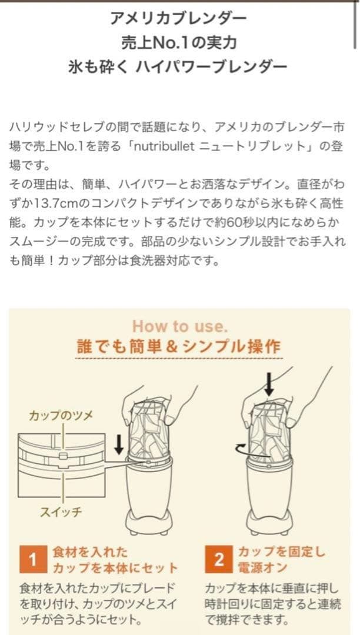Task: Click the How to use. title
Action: pyautogui.click(x=179, y=326)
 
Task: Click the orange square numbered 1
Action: pyautogui.click(x=34, y=559)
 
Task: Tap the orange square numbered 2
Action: pyautogui.click(x=219, y=559)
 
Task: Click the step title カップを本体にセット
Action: pyautogui.click(x=115, y=568)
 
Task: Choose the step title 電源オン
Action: pyautogui.click(x=262, y=568)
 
